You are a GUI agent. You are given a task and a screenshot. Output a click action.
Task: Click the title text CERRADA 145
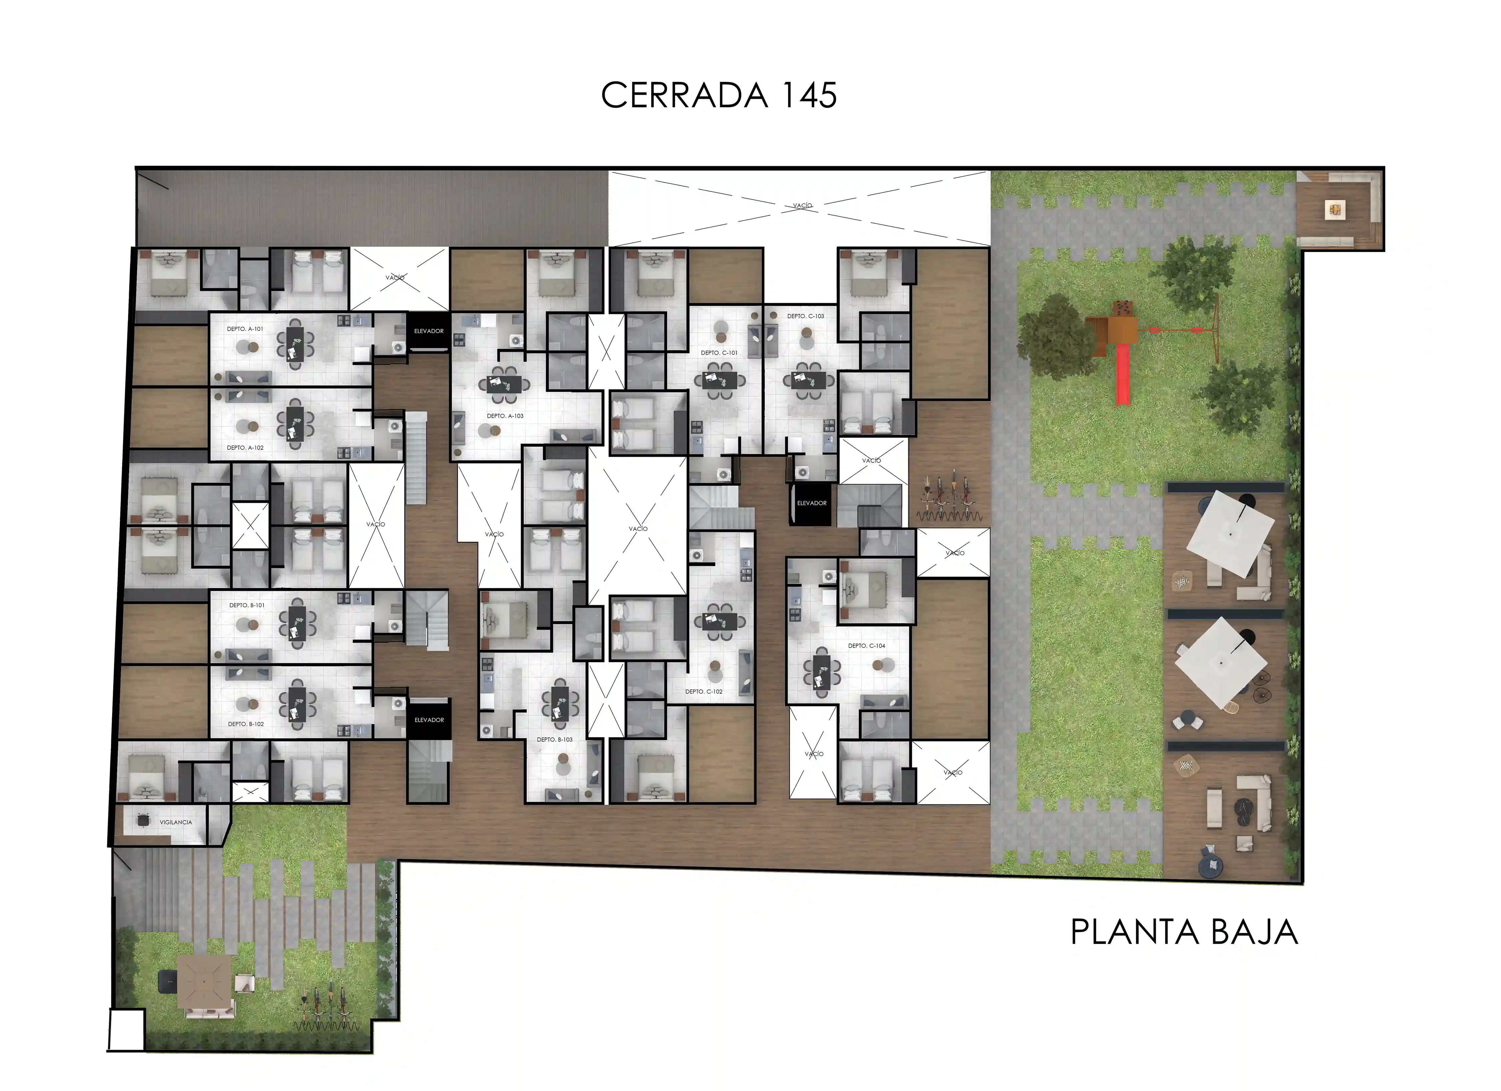click(x=719, y=95)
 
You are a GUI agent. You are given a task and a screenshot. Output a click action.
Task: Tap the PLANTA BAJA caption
click(x=1184, y=932)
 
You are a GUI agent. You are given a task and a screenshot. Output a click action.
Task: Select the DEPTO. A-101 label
click(x=245, y=329)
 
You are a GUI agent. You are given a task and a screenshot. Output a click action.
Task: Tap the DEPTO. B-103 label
click(x=555, y=739)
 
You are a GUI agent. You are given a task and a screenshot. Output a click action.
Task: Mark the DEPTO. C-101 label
click(x=719, y=353)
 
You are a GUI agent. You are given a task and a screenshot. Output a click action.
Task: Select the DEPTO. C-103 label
click(x=806, y=316)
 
